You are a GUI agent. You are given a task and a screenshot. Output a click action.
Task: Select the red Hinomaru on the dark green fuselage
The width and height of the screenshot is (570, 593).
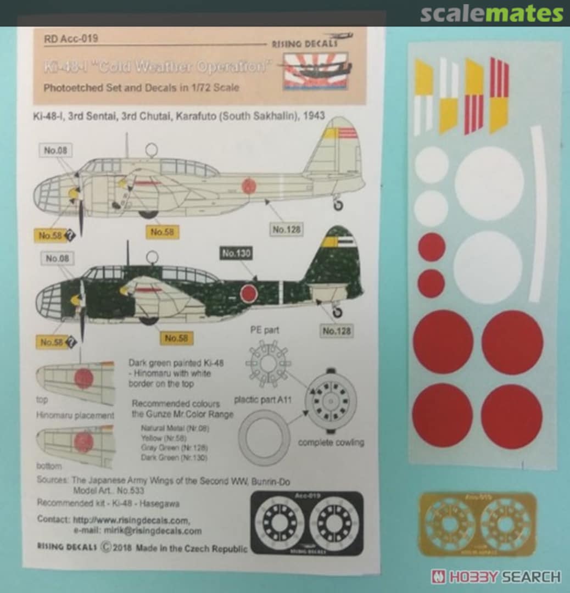tap(249, 294)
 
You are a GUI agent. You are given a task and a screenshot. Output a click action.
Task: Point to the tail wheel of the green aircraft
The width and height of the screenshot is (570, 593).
tap(337, 312)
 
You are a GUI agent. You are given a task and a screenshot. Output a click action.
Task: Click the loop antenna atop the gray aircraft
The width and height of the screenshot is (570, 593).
tap(152, 149)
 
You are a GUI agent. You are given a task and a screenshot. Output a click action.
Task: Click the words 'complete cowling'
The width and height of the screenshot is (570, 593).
tap(331, 442)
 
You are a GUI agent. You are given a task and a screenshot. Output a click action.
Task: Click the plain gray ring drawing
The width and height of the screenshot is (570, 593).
tap(264, 438)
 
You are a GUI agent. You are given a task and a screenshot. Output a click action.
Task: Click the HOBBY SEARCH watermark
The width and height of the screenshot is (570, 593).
tap(496, 577)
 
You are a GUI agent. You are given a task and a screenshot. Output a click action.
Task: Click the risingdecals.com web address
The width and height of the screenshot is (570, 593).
tap(131, 520)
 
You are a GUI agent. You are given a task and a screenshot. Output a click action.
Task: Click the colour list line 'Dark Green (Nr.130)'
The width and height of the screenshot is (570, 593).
tap(170, 457)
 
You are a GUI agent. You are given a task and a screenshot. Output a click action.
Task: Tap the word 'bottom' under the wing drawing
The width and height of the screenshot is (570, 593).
tap(49, 466)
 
